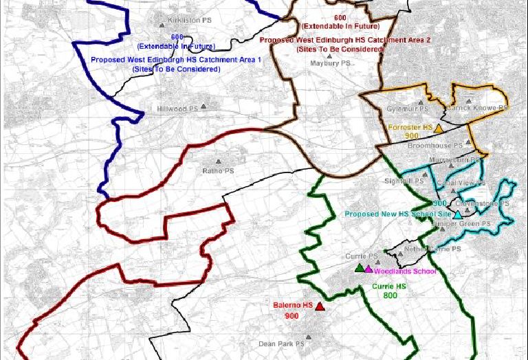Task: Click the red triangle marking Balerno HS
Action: pos(320,306)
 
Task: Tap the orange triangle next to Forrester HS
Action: pos(438,128)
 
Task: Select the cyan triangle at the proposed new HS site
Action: pos(458,215)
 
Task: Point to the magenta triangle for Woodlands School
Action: pos(368,269)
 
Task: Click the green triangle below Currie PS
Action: pos(359,267)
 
